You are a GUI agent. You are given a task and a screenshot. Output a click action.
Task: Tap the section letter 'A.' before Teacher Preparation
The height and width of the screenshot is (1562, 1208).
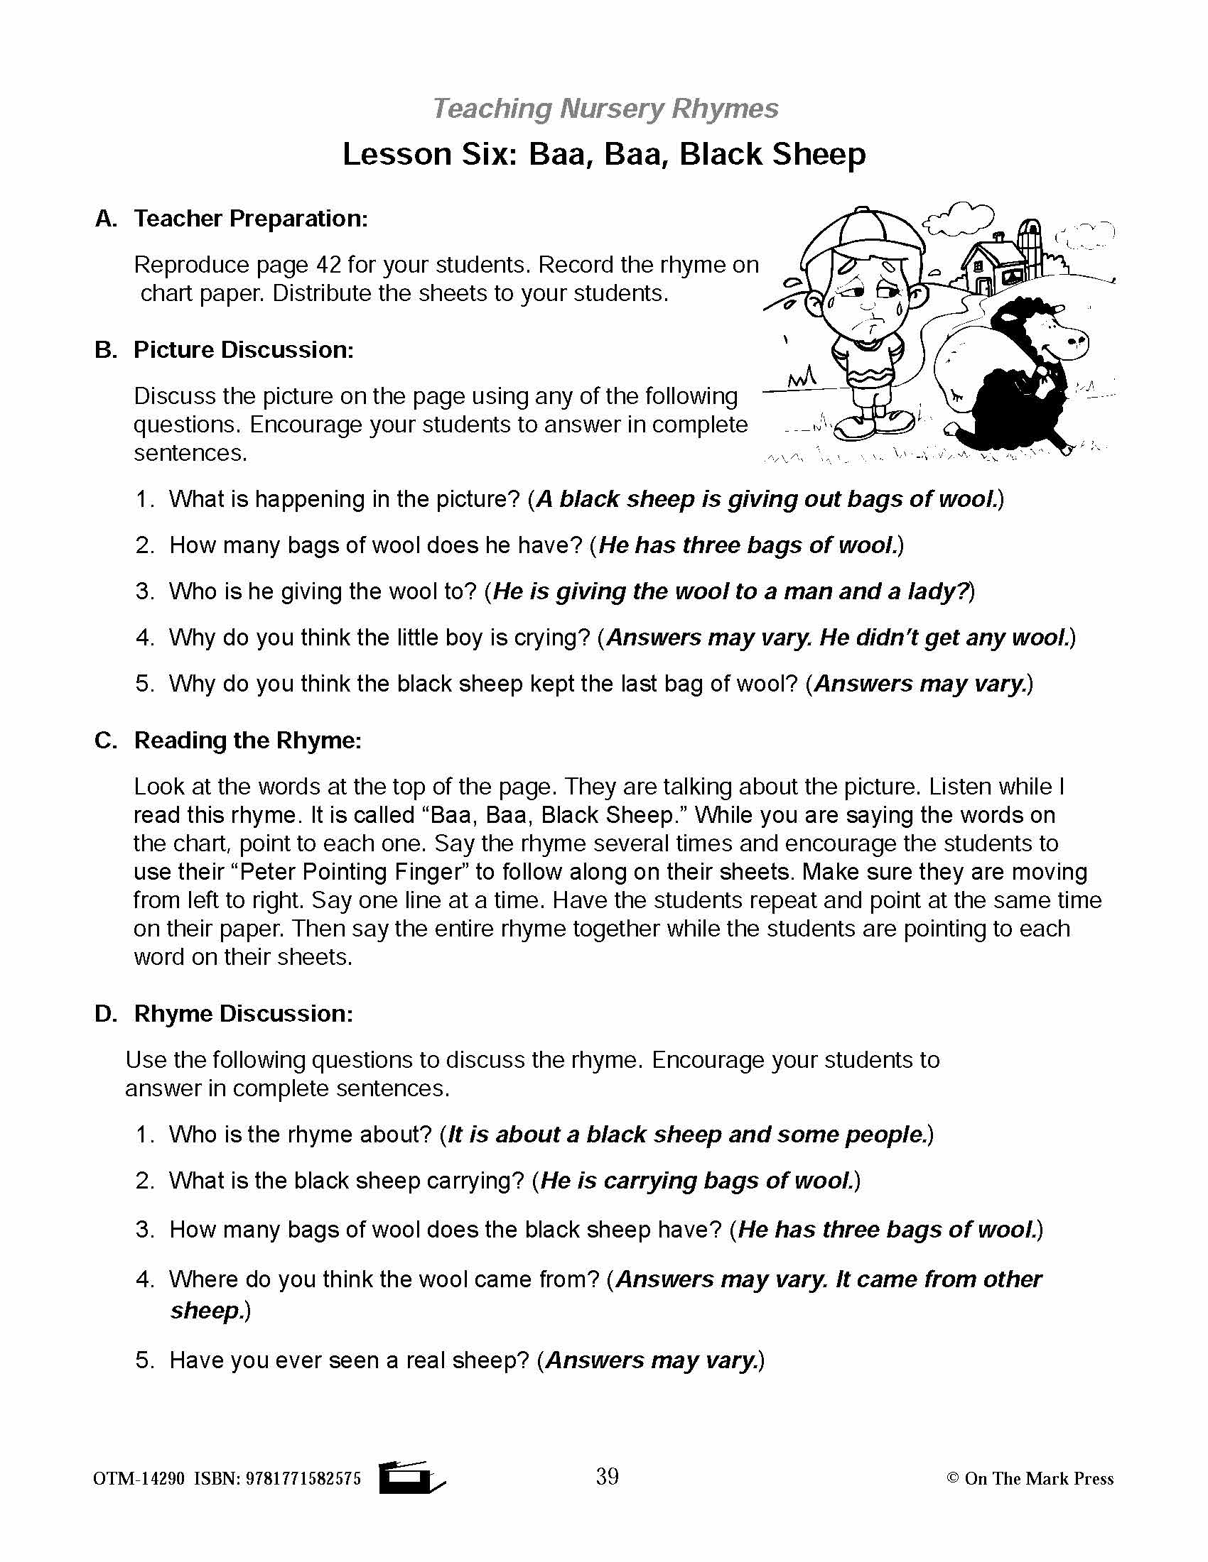[x=106, y=219]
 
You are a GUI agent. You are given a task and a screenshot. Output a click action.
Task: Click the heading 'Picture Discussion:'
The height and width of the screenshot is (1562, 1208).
[x=243, y=350]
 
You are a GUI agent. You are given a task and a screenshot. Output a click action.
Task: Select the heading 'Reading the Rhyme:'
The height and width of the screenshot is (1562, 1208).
[x=247, y=741]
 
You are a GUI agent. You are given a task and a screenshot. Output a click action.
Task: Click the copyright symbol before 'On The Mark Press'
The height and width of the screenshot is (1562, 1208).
[x=951, y=1478]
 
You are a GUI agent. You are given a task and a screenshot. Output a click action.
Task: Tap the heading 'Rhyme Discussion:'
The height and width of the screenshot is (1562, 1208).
[x=243, y=1013]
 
